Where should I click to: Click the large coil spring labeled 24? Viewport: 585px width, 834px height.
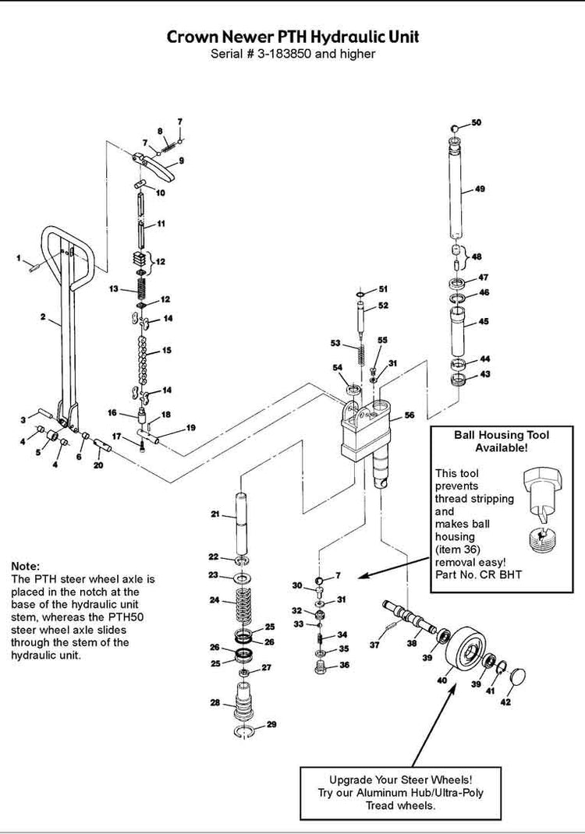point(241,606)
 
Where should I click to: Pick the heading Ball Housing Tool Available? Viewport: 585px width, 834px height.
point(502,442)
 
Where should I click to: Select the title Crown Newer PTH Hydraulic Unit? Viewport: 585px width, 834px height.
point(292,37)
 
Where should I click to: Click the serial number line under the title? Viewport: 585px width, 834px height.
point(292,54)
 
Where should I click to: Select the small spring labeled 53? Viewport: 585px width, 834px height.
point(362,355)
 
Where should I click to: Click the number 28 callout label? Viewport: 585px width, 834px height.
point(215,702)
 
